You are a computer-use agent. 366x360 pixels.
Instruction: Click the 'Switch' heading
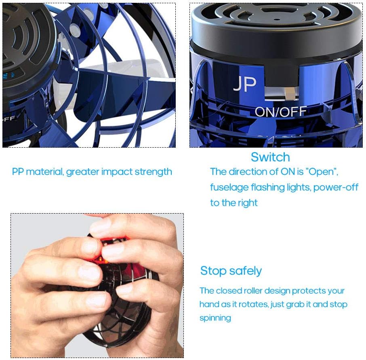[270, 157]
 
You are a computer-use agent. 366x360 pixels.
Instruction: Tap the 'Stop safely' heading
[231, 271]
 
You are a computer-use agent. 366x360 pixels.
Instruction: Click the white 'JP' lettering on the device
[244, 84]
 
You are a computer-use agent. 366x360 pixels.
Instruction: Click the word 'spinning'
[215, 318]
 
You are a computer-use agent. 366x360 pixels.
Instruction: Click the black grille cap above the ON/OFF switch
[276, 24]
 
